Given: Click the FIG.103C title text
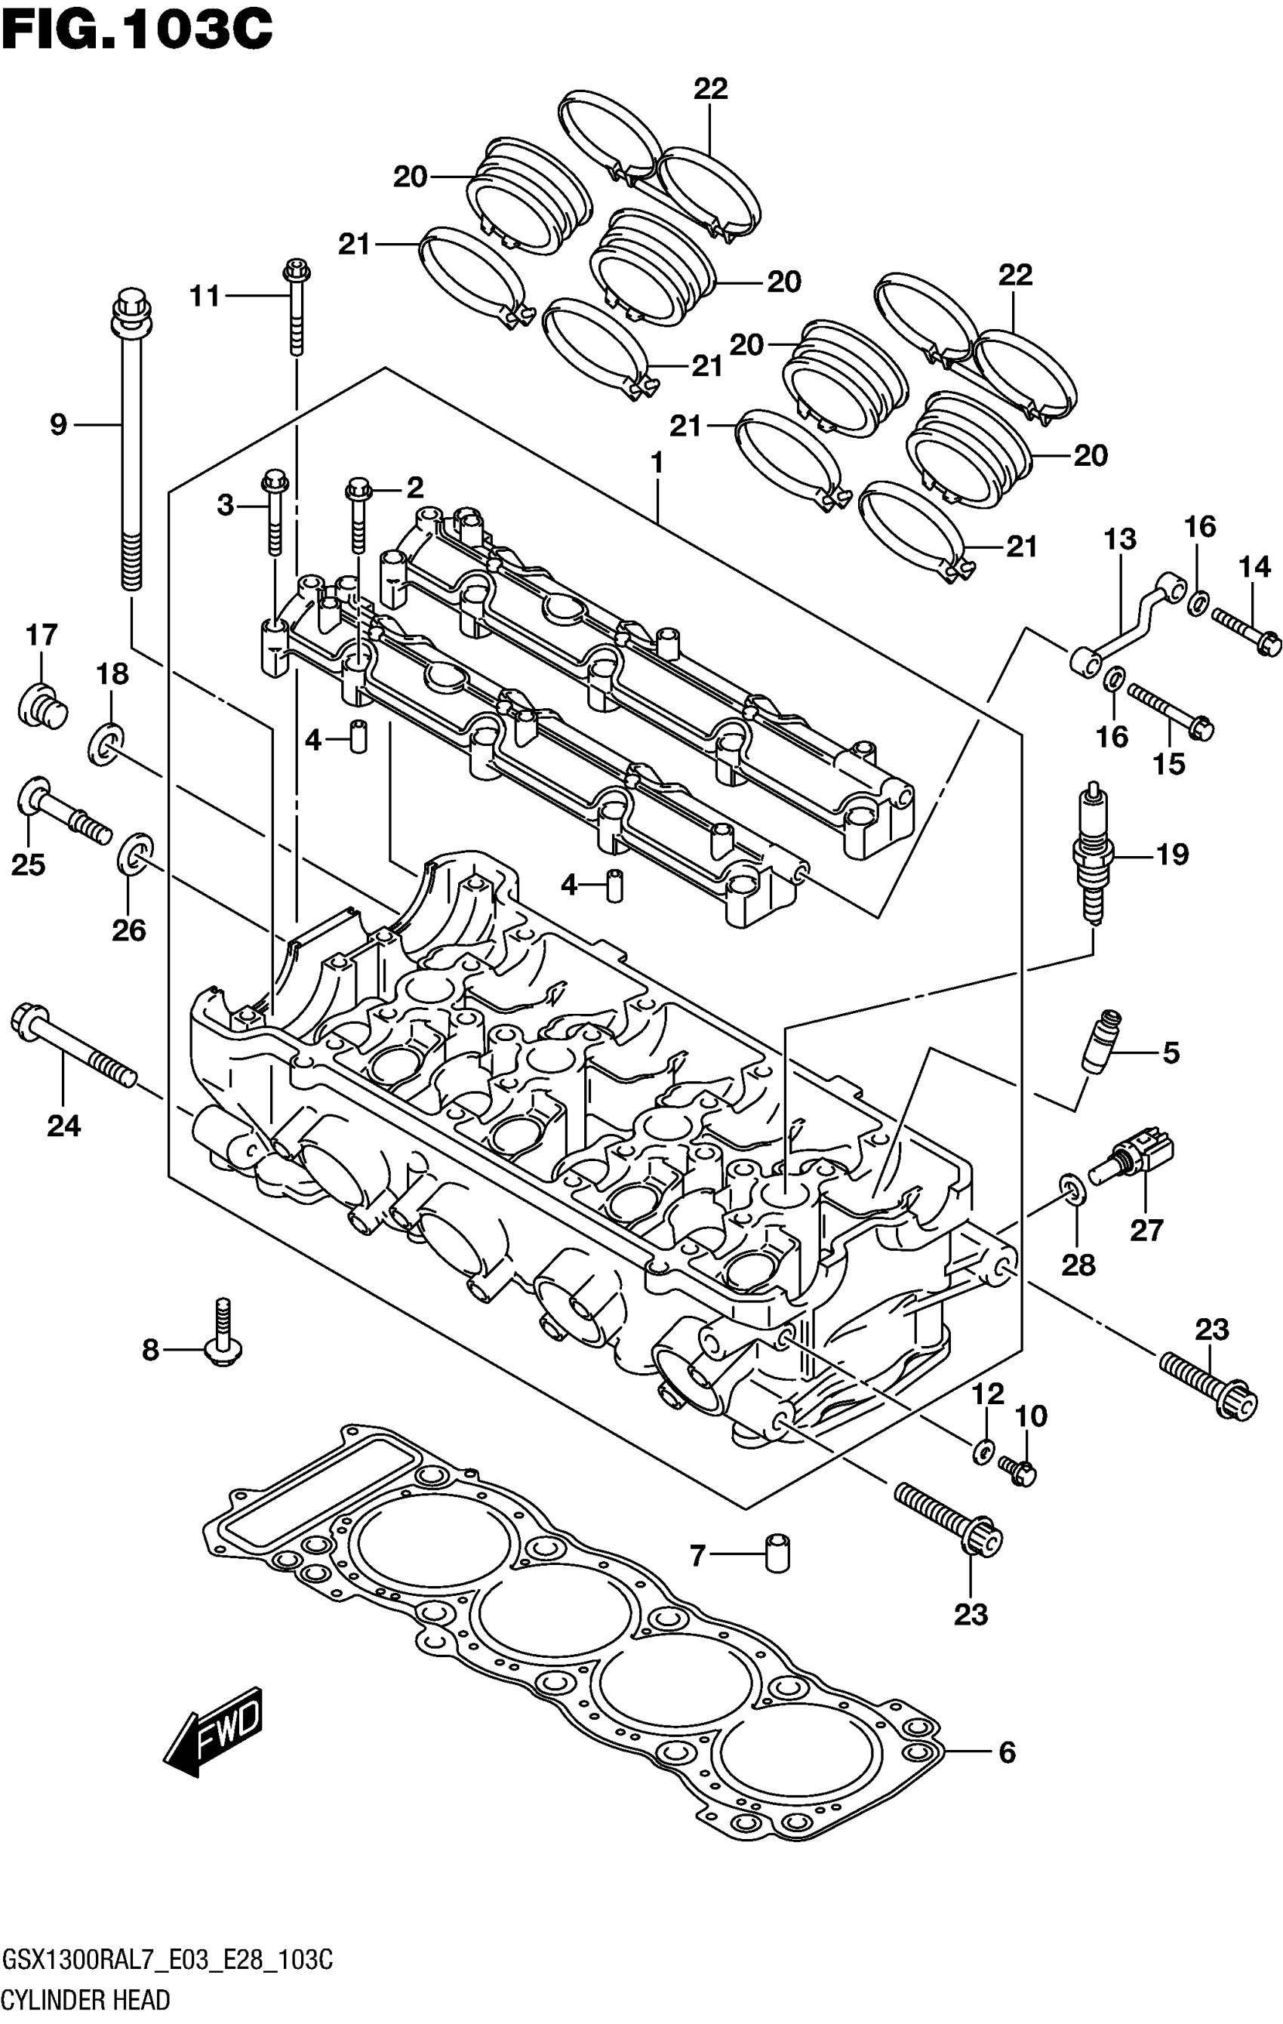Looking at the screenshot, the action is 137,30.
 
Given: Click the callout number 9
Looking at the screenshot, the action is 58,425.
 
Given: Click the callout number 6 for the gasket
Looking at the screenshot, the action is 1007,1753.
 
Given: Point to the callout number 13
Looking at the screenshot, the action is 1120,539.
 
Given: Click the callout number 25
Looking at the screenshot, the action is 28,864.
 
